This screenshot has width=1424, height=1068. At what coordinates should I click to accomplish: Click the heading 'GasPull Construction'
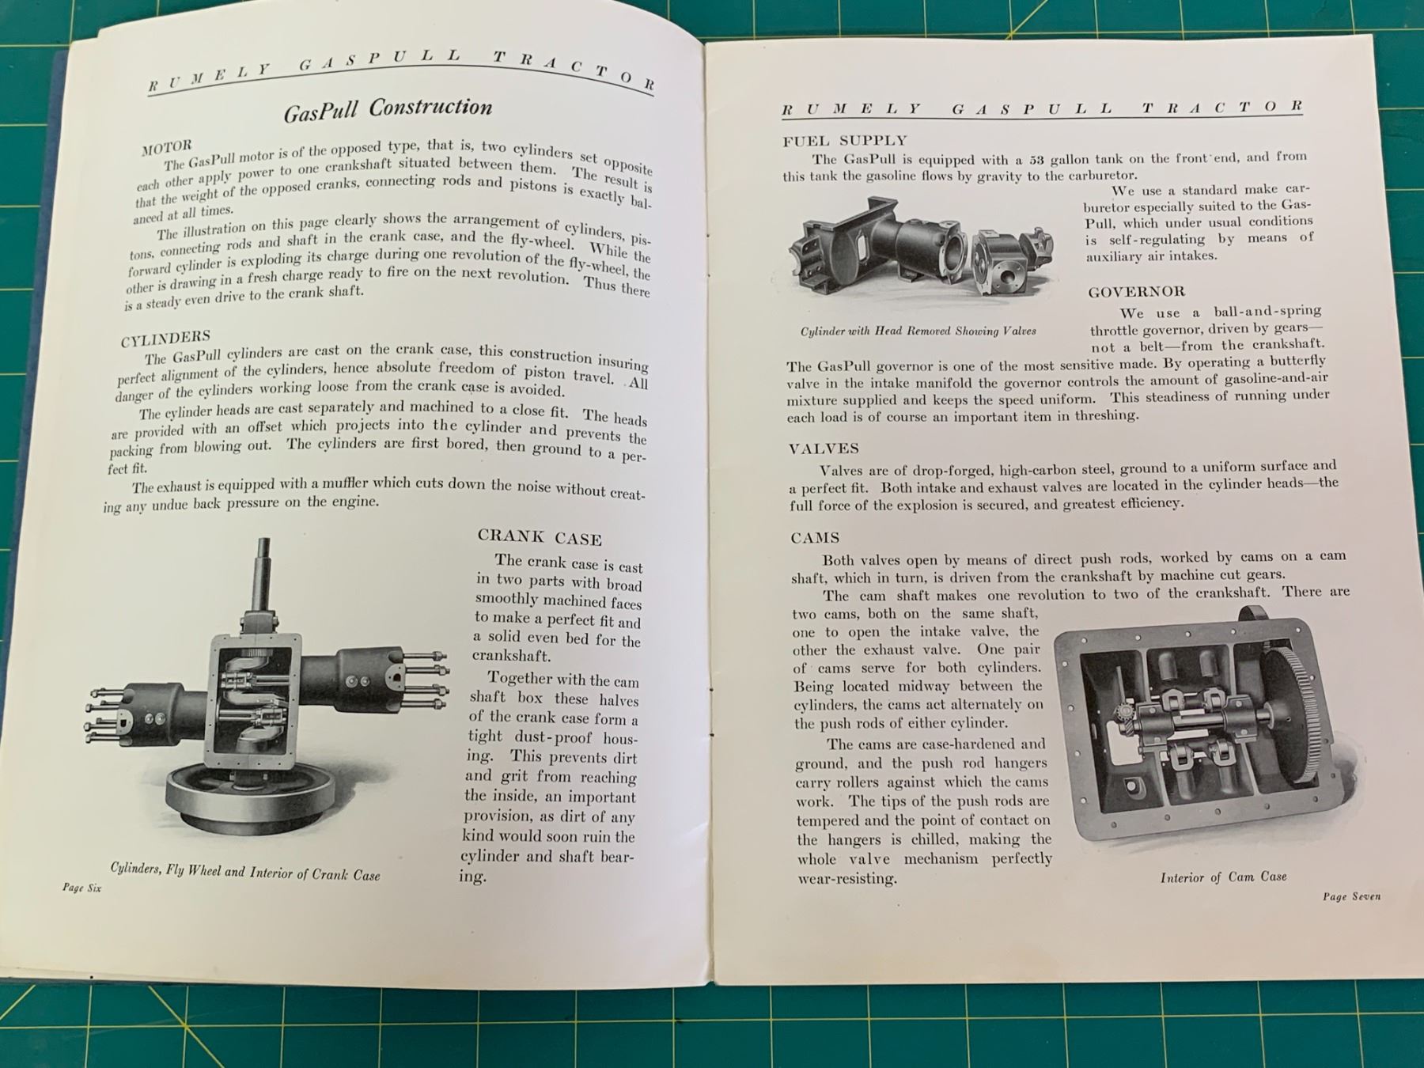(x=388, y=109)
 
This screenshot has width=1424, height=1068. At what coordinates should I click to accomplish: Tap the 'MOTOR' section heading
(x=166, y=146)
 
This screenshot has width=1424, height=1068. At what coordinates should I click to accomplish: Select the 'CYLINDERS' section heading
(x=165, y=338)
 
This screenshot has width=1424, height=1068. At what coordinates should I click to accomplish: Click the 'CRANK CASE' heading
(x=540, y=537)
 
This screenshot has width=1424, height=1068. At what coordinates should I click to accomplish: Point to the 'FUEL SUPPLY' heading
(x=845, y=141)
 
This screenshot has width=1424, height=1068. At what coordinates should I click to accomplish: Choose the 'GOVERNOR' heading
(x=1137, y=292)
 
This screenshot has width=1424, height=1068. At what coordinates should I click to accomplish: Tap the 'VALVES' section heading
(x=824, y=449)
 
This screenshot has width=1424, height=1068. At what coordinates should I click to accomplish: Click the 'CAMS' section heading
(x=815, y=538)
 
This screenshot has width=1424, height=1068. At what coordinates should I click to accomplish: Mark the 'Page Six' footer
(x=82, y=888)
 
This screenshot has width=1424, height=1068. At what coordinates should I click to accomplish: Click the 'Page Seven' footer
(x=1352, y=896)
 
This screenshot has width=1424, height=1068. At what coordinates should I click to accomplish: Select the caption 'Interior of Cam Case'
(x=1223, y=877)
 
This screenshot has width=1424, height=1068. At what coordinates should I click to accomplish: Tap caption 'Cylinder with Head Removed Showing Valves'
(x=918, y=331)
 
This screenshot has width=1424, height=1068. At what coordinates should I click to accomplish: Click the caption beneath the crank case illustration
(x=245, y=871)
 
